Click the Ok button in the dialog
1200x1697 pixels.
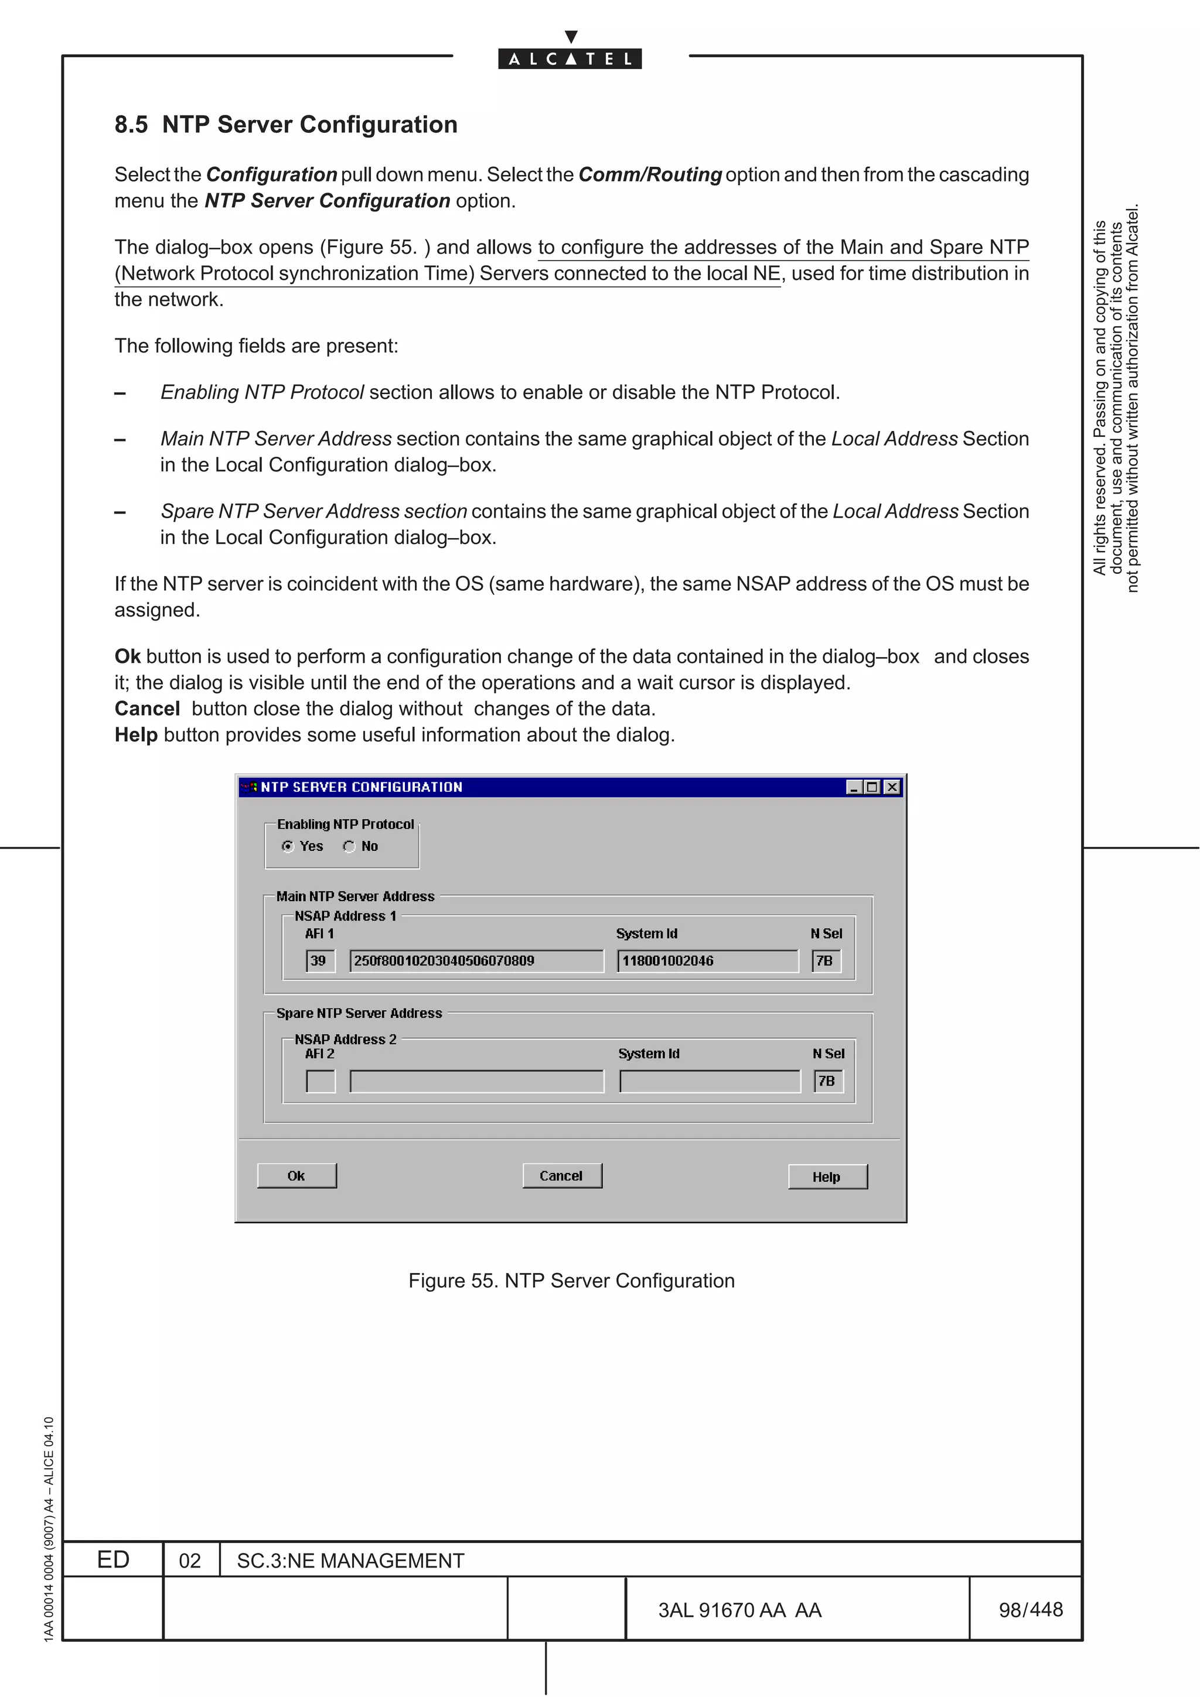tap(296, 1175)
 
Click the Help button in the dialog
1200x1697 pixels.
tap(827, 1176)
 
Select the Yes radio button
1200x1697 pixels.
tap(288, 846)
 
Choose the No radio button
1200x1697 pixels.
tap(350, 846)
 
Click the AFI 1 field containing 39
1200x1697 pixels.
tap(320, 961)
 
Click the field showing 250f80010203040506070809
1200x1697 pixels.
tap(476, 961)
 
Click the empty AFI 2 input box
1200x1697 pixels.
tap(320, 1082)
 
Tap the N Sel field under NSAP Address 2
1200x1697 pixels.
tap(828, 1082)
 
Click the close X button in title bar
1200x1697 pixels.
tap(892, 787)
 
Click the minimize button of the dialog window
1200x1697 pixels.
tap(854, 787)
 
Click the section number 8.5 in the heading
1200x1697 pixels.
tap(131, 124)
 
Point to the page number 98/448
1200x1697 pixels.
tap(1030, 1609)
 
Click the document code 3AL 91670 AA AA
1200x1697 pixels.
tap(739, 1610)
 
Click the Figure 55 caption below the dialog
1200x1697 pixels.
tap(571, 1280)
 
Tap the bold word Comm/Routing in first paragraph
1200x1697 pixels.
tap(649, 175)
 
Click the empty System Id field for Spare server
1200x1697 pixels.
tap(709, 1082)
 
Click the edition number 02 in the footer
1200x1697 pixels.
tap(190, 1560)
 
